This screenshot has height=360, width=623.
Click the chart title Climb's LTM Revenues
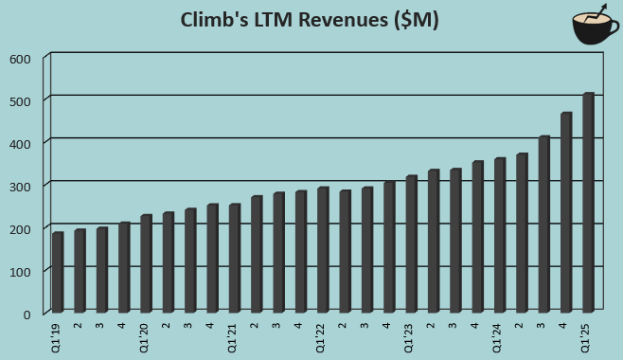click(309, 21)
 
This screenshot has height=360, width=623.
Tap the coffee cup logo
click(595, 26)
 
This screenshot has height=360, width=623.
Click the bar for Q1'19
click(58, 272)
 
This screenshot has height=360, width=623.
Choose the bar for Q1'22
click(323, 249)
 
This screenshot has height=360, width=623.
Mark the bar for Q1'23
click(411, 243)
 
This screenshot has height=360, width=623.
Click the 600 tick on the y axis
click(20, 59)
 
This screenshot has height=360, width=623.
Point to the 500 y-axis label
click(20, 101)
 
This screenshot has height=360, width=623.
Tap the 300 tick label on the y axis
click(20, 187)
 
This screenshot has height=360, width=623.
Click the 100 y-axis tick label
click(20, 272)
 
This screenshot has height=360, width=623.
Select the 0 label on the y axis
click(27, 315)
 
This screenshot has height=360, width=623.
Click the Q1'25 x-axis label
click(586, 337)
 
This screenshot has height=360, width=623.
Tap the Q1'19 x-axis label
click(56, 337)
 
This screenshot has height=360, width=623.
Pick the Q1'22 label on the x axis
click(321, 337)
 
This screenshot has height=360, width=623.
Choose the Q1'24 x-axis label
click(497, 337)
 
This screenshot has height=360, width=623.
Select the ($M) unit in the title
click(413, 21)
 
